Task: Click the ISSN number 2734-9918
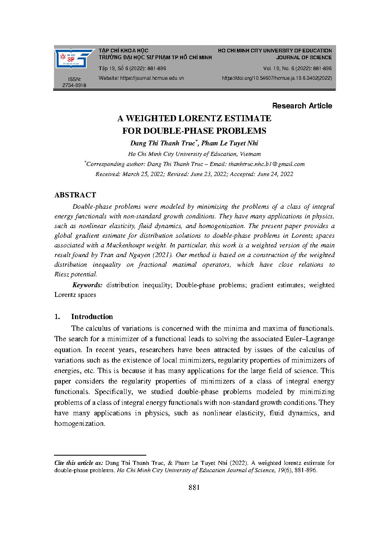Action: point(74,85)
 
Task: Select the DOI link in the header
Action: point(277,78)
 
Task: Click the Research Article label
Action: point(302,106)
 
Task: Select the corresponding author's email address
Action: point(266,164)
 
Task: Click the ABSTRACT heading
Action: point(75,195)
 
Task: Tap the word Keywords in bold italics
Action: point(87,285)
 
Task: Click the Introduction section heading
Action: point(92,317)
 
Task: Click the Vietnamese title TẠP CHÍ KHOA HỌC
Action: point(123,51)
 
